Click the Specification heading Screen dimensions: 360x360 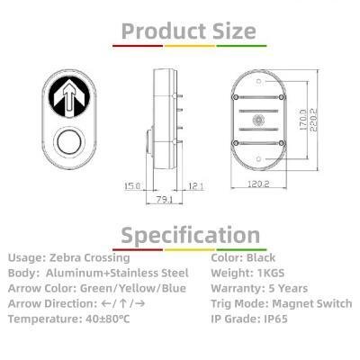click(190, 235)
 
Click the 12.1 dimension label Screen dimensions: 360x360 click(197, 185)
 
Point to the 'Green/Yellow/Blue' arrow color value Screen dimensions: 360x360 click(134, 288)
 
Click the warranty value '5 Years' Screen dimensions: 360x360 click(285, 288)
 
